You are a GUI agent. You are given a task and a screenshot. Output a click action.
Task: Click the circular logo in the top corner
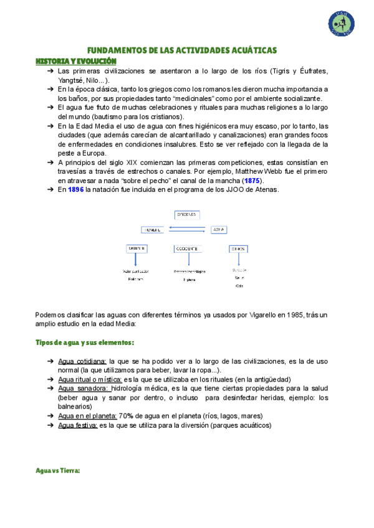tap(343, 24)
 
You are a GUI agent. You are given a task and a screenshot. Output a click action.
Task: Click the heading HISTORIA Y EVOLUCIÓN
tap(76, 61)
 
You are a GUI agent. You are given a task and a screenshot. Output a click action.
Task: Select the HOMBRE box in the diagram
tap(153, 229)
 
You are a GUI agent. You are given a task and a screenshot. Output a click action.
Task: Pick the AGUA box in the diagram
tap(219, 229)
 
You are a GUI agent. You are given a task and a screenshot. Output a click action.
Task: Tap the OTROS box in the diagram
tap(238, 248)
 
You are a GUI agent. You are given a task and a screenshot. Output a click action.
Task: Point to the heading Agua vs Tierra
tap(58, 471)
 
